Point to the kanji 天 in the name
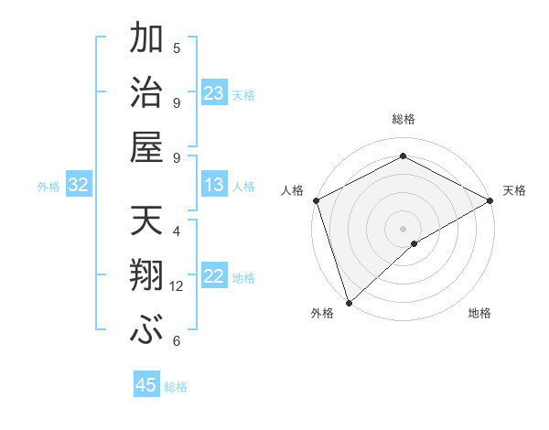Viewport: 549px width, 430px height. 147,221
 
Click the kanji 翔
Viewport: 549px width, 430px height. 147,276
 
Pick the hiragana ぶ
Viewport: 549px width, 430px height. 147,331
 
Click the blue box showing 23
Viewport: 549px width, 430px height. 214,92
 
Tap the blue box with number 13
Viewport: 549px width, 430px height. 214,185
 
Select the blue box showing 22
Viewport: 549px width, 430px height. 214,276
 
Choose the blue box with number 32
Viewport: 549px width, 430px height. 79,185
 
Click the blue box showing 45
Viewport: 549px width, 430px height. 146,385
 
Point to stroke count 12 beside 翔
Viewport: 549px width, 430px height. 177,286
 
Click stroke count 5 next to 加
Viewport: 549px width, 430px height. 177,48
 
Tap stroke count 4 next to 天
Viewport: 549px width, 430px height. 177,231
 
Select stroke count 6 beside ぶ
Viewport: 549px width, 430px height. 177,341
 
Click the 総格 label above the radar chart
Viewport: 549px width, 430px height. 404,119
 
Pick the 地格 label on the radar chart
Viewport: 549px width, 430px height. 479,314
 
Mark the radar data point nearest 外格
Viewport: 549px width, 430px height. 349,302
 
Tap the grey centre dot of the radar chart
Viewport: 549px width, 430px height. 404,228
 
